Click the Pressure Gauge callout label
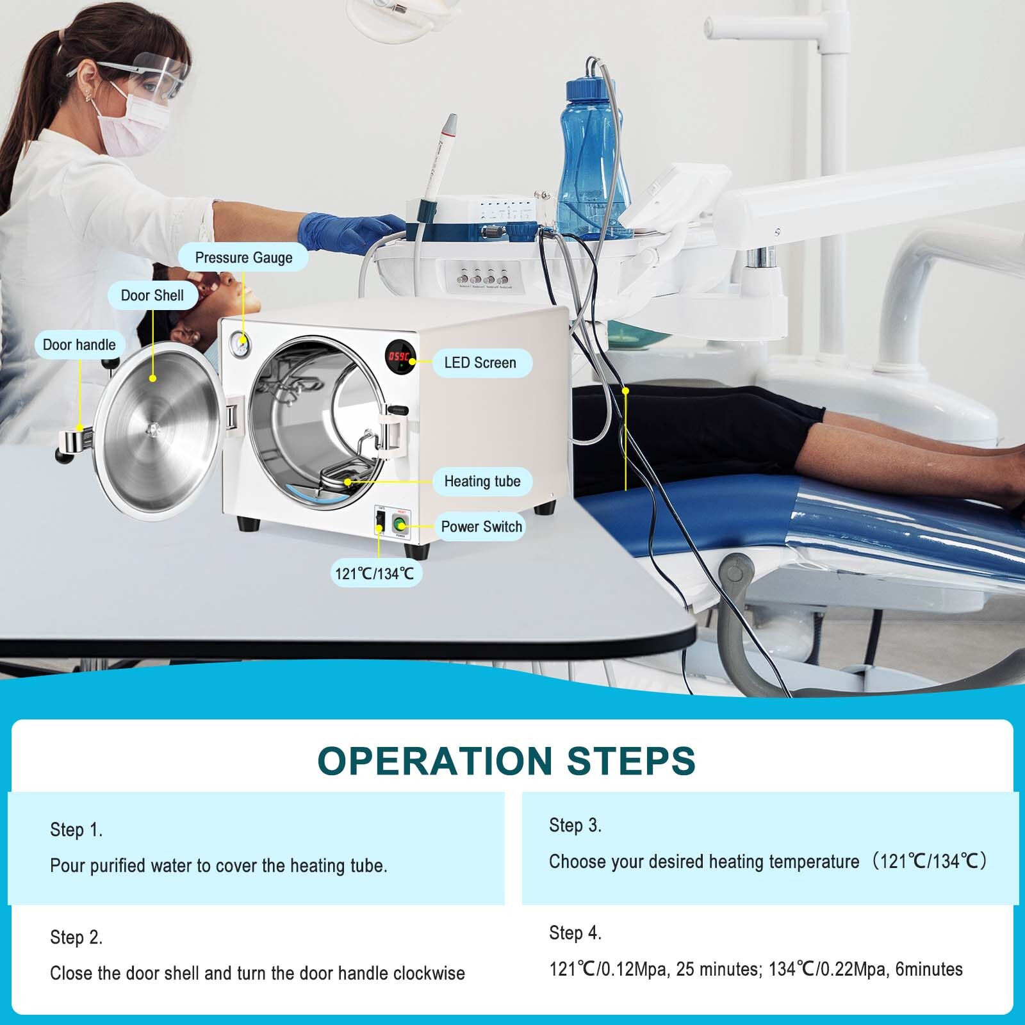(243, 258)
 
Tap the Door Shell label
(152, 295)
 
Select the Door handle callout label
(79, 345)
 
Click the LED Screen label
(480, 363)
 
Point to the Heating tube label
(482, 481)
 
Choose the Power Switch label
(481, 527)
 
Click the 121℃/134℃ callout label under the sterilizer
(375, 573)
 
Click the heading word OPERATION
(435, 761)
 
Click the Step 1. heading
(76, 830)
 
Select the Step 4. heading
(575, 933)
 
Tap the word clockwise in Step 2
(429, 973)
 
